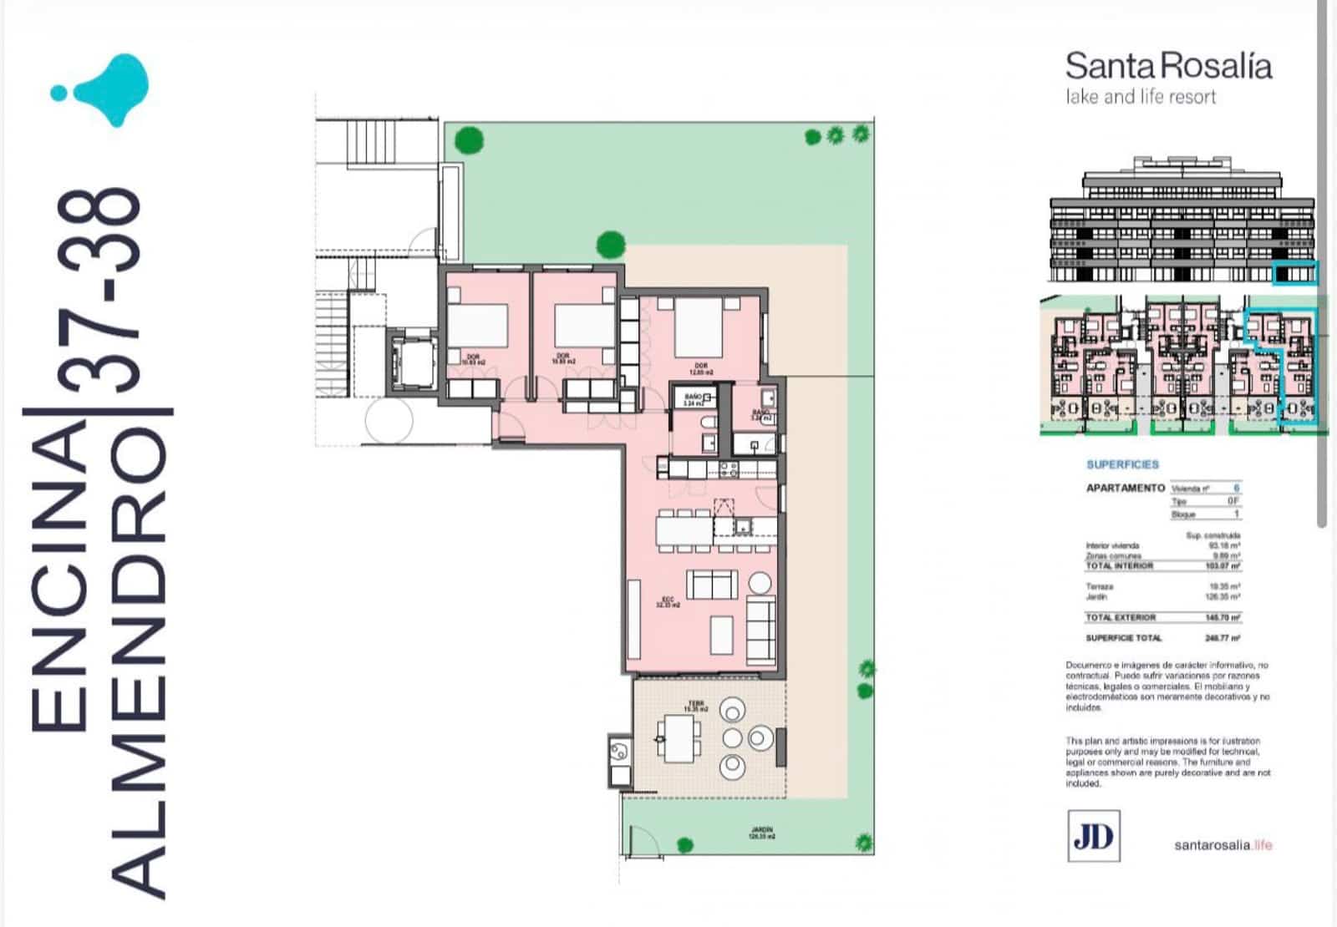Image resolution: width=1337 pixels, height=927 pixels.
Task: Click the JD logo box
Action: (1093, 835)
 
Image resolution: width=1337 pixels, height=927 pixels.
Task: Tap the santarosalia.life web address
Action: (1223, 844)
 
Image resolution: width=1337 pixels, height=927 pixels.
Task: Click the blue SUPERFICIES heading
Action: (1122, 464)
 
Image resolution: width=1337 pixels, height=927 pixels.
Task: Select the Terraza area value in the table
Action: (1225, 587)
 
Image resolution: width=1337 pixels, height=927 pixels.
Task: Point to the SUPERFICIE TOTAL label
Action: (1123, 638)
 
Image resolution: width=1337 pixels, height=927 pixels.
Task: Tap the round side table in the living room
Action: (760, 582)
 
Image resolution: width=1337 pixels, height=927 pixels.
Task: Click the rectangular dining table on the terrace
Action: (679, 737)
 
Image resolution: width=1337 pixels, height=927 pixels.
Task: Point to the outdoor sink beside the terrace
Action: (619, 750)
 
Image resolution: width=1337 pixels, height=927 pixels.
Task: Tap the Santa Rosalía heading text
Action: (1168, 66)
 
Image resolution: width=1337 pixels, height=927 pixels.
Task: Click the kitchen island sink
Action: (742, 526)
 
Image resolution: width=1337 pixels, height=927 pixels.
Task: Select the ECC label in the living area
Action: (668, 601)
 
